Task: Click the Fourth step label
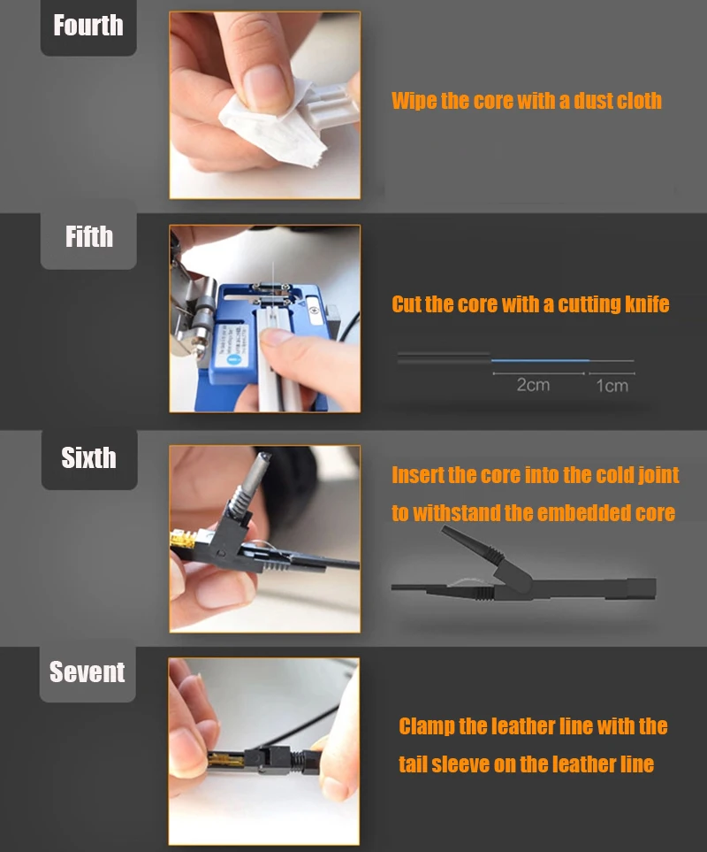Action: pos(88,26)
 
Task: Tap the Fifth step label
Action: pos(89,237)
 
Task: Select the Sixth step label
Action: pos(88,458)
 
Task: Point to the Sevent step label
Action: pos(87,672)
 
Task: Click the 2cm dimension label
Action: pos(533,385)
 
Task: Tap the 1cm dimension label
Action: pos(612,386)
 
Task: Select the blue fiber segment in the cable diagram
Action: pos(541,360)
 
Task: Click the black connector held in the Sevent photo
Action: pos(265,757)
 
